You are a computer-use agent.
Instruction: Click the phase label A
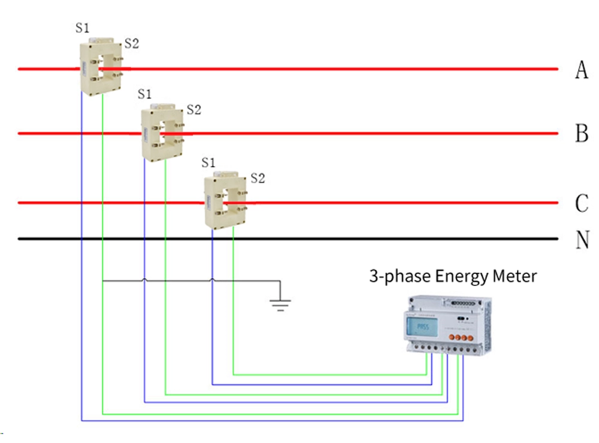click(x=581, y=70)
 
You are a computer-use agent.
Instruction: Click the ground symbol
click(x=278, y=303)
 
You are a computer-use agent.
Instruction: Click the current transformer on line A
click(x=101, y=67)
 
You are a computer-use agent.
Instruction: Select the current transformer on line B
click(x=162, y=131)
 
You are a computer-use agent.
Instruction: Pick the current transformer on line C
click(x=225, y=201)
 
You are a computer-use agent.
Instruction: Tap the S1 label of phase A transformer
click(x=83, y=28)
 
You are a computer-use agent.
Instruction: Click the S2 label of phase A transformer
click(x=131, y=43)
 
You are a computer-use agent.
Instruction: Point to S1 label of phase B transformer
click(x=144, y=94)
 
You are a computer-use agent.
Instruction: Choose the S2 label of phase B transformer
click(x=193, y=110)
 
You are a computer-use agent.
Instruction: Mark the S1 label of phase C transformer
click(x=208, y=162)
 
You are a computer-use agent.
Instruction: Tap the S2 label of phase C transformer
click(x=258, y=178)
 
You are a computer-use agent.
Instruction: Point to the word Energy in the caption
click(x=457, y=277)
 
